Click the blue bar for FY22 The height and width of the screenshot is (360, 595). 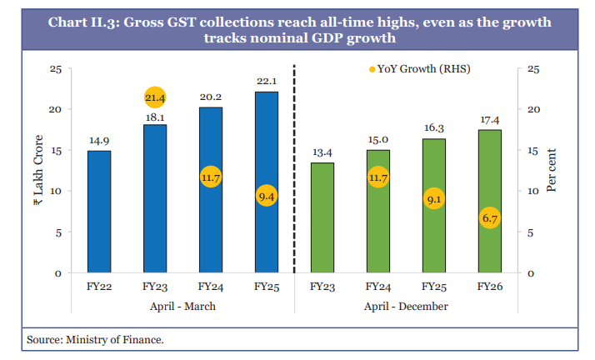pyautogui.click(x=99, y=212)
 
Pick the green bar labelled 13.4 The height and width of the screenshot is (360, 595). pyautogui.click(x=322, y=217)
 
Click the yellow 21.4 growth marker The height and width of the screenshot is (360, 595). pyautogui.click(x=155, y=98)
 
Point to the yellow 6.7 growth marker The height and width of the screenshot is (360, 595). pyautogui.click(x=489, y=218)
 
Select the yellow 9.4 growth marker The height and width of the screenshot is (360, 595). pyautogui.click(x=267, y=197)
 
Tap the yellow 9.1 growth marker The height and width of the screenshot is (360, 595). pyautogui.click(x=433, y=199)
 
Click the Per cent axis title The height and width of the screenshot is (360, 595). pyautogui.click(x=552, y=171)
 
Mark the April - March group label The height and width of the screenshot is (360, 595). pyautogui.click(x=182, y=307)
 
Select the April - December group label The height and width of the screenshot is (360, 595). pyautogui.click(x=406, y=307)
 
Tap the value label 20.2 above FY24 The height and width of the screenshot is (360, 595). pyautogui.click(x=211, y=97)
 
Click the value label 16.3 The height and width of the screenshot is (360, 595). pyautogui.click(x=433, y=128)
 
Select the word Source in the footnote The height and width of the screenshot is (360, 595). pyautogui.click(x=44, y=340)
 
